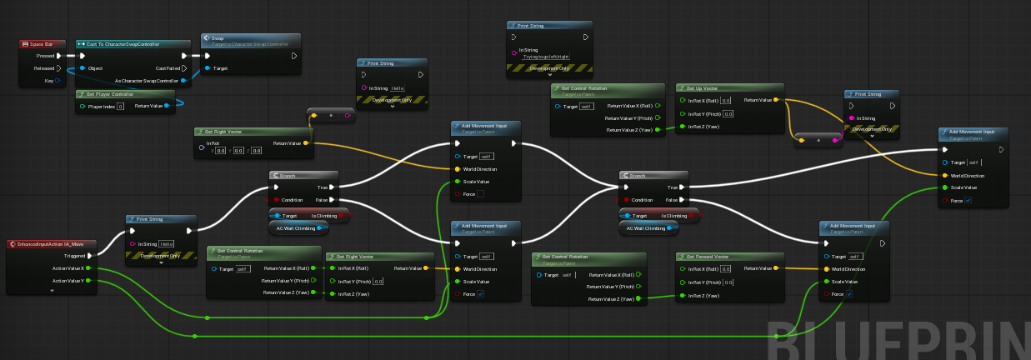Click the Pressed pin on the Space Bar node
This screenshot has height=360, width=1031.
click(x=59, y=56)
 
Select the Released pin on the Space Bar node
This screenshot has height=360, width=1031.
click(x=59, y=68)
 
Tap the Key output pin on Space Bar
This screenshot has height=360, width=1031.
click(x=59, y=81)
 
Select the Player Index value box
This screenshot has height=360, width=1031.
click(x=121, y=106)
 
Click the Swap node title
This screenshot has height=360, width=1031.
click(x=218, y=38)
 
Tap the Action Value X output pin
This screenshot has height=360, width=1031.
click(x=88, y=268)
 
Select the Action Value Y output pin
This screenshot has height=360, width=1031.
click(x=88, y=281)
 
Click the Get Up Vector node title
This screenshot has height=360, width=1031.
click(x=705, y=87)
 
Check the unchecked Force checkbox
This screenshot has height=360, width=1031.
click(x=480, y=194)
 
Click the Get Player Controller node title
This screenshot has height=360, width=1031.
click(x=112, y=94)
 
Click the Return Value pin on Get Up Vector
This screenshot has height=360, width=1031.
click(x=776, y=100)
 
